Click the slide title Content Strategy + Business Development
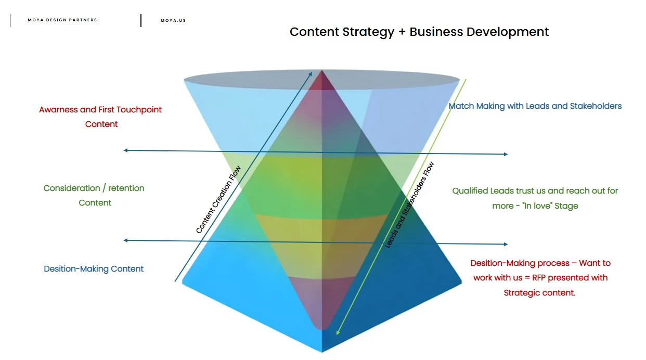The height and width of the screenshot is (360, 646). click(x=419, y=32)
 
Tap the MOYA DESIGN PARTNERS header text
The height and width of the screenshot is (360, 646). click(x=62, y=20)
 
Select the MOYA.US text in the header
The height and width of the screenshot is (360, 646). click(x=173, y=21)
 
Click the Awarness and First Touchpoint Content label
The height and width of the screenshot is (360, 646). click(x=100, y=117)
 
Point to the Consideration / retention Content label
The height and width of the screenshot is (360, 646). click(x=94, y=195)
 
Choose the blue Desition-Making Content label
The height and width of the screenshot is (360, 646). click(x=94, y=269)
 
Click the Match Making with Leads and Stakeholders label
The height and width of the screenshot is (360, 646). click(x=535, y=106)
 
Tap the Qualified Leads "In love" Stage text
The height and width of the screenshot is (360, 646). click(x=535, y=198)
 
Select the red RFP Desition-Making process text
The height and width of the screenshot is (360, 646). click(x=540, y=278)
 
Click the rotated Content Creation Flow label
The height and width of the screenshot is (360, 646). click(x=218, y=200)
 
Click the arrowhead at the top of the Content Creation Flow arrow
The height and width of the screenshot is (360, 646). click(x=311, y=73)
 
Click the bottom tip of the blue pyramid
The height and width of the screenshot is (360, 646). click(x=322, y=351)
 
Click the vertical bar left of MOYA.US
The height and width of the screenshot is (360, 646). click(x=141, y=21)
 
